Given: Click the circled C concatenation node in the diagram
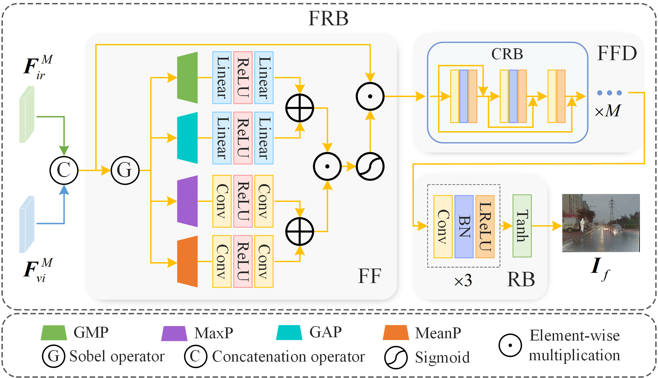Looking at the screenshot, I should tap(64, 170).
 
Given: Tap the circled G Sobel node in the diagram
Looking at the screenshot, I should tap(125, 170).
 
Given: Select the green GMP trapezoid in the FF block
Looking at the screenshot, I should tap(188, 78).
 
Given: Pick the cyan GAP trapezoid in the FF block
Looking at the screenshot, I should tap(188, 138).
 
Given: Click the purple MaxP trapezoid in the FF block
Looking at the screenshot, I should tap(188, 201).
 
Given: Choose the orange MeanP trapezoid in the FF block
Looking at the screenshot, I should tap(188, 262).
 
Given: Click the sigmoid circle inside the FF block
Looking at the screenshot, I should tap(370, 166).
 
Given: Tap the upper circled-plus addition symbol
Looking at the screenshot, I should tap(299, 108).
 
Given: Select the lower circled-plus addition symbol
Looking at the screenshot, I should tap(299, 231).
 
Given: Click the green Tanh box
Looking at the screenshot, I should tap(522, 226).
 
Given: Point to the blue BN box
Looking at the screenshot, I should tap(464, 226).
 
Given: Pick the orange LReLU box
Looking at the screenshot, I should tap(485, 226).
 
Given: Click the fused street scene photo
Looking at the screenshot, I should tap(601, 223).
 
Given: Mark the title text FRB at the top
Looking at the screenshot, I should tap(328, 18).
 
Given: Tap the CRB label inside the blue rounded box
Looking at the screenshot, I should tap(507, 54).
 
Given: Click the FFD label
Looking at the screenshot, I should tap(617, 53).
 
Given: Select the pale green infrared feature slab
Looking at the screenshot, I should tap(27, 114).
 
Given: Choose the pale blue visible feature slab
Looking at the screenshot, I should tap(27, 224).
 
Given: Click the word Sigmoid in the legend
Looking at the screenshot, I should tap(442, 357).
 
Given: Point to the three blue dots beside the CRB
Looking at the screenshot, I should tap(609, 93).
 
